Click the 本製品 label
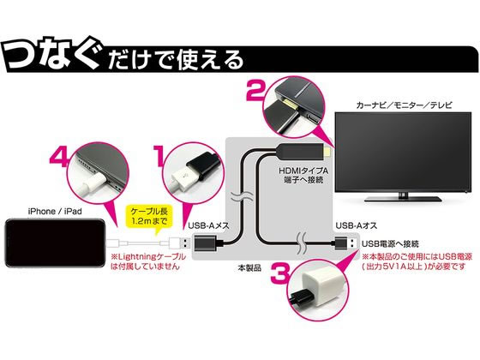(251, 267)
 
